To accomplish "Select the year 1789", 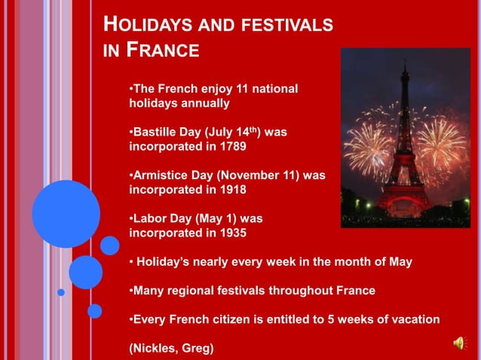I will pyautogui.click(x=230, y=145).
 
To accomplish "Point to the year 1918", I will pyautogui.click(x=230, y=189).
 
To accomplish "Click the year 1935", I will pyautogui.click(x=230, y=233).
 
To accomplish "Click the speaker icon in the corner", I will pyautogui.click(x=458, y=343).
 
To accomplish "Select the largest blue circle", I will pyautogui.click(x=66, y=214).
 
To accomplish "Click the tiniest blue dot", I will pyautogui.click(x=61, y=292).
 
